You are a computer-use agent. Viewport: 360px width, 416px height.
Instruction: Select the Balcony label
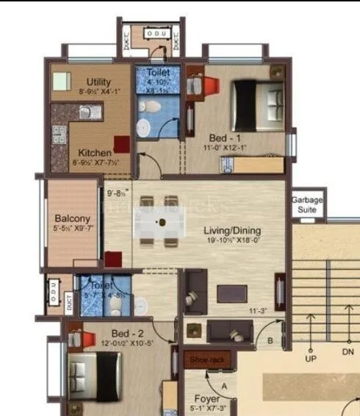click(72, 218)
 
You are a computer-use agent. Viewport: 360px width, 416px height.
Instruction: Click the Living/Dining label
click(232, 231)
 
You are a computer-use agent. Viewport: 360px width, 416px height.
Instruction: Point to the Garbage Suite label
click(303, 205)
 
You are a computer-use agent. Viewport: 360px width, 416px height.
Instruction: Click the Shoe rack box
click(209, 359)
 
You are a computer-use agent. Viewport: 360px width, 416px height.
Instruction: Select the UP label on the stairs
click(310, 360)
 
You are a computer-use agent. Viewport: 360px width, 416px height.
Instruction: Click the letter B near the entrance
click(270, 341)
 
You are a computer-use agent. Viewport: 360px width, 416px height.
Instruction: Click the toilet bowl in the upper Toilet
click(148, 108)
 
